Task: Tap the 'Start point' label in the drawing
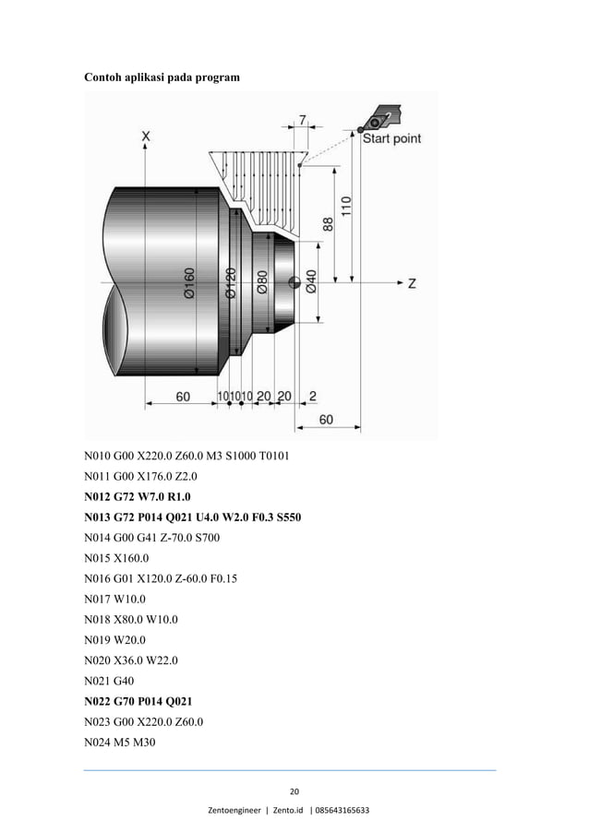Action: point(391,138)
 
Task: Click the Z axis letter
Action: point(411,283)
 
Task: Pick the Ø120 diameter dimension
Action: point(232,283)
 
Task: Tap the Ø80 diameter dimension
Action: point(262,283)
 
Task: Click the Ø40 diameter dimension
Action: point(311,283)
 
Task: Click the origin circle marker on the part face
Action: point(294,282)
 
